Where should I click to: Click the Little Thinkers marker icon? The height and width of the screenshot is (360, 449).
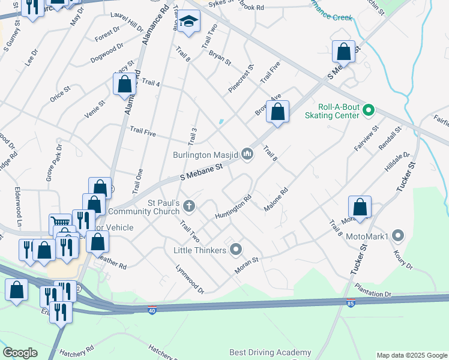click(237, 249)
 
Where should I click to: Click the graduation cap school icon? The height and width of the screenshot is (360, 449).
click(188, 22)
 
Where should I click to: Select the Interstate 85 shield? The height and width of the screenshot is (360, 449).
click(351, 304)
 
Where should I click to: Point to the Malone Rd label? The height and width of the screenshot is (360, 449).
click(276, 199)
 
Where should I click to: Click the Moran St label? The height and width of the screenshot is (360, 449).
click(246, 265)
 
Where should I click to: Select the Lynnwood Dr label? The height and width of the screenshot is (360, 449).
click(190, 280)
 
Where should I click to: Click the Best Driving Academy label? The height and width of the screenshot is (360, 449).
click(270, 352)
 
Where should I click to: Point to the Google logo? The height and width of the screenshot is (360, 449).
click(20, 353)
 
